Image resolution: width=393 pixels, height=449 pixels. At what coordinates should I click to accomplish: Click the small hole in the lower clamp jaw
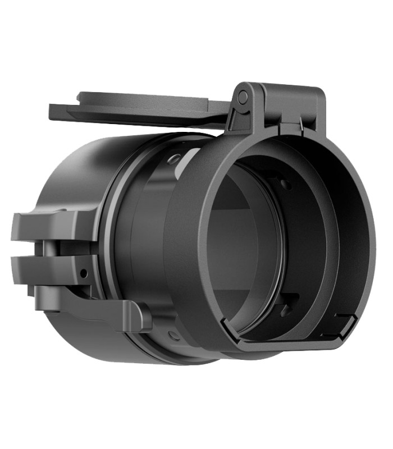pyautogui.click(x=83, y=273)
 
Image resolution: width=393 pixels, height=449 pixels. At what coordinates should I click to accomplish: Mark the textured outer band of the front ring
pyautogui.click(x=185, y=247)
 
